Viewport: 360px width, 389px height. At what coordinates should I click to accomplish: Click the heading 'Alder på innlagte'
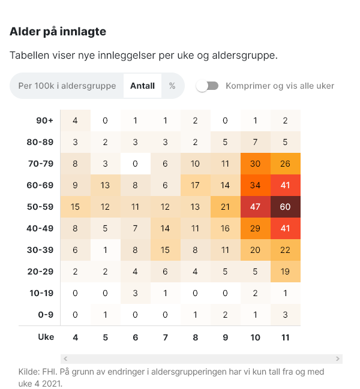coord(58,32)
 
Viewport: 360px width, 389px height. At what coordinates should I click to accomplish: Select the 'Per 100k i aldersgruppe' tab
coord(67,86)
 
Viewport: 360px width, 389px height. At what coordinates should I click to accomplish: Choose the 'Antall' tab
coord(142,86)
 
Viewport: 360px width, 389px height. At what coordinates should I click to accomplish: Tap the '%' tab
coord(172,86)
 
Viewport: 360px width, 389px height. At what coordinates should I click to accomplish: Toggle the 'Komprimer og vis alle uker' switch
coord(207,86)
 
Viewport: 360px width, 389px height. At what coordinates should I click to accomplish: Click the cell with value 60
coord(285,207)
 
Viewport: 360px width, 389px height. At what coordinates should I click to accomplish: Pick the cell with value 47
coord(255,207)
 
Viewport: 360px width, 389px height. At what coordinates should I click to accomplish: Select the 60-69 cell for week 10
coord(255,185)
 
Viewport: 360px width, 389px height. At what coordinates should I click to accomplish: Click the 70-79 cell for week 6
coord(135,164)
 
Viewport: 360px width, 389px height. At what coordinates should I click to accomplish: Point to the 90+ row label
coord(44,120)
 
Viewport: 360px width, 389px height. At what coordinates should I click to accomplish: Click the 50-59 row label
coord(41,207)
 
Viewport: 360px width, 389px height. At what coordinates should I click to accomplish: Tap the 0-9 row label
coord(46,315)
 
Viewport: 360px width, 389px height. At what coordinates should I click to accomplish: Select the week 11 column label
coord(285,337)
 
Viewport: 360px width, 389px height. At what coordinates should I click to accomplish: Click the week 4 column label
coord(75,337)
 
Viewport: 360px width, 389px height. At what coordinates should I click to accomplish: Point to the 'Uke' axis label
coord(46,337)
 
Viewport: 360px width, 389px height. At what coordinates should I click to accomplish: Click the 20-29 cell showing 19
coord(285,272)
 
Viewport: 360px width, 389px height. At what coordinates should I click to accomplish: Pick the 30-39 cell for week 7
coord(165,250)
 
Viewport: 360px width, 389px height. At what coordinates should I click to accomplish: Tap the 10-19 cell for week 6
coord(135,293)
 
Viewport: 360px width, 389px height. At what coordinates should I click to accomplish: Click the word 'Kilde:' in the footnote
coord(31,372)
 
